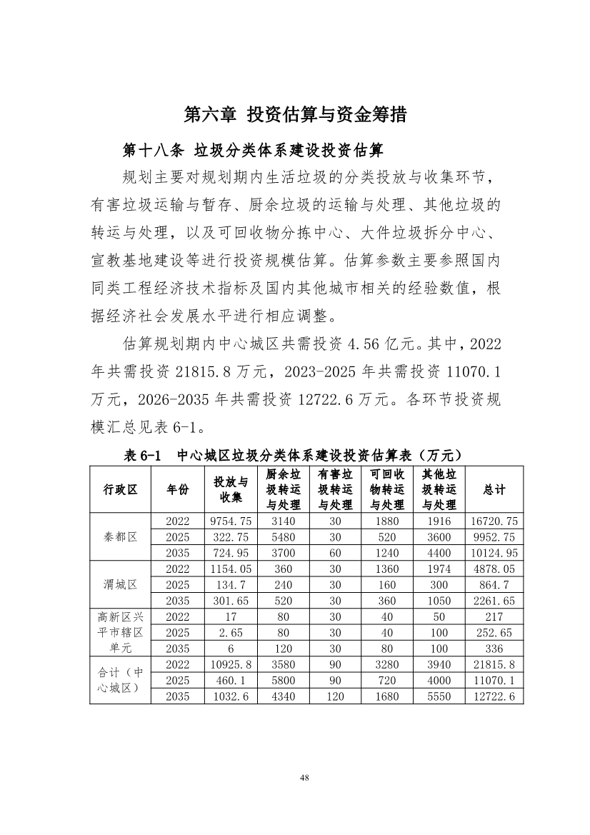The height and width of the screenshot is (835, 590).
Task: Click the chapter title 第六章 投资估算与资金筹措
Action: click(295, 114)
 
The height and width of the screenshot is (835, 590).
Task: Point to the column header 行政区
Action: click(120, 489)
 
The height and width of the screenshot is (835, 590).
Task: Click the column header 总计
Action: click(494, 489)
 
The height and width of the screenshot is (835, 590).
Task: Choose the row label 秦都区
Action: click(120, 537)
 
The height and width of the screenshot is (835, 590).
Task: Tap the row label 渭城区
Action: click(120, 585)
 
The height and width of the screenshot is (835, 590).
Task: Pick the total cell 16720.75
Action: click(494, 521)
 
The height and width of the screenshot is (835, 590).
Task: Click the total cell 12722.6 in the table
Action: click(494, 696)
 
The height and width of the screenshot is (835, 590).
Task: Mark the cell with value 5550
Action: click(439, 696)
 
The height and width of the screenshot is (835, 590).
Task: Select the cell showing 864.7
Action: click(494, 585)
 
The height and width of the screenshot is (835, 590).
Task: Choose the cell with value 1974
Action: click(439, 569)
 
